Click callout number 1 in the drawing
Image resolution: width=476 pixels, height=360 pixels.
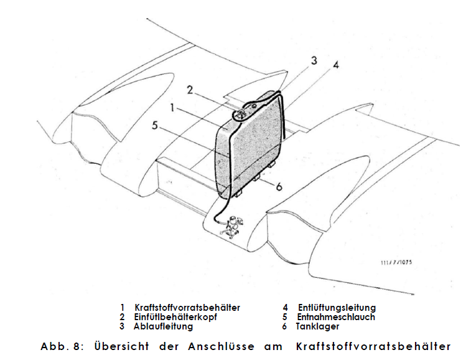point(172,108)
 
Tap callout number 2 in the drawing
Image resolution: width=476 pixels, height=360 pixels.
point(190,90)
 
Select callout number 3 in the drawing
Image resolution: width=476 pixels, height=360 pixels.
point(314,60)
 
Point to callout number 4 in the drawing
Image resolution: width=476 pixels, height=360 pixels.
point(336,65)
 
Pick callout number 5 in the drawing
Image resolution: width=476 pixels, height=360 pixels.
point(155,125)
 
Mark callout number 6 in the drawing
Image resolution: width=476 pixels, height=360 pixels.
point(279,186)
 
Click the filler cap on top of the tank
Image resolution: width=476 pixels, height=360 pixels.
point(239,114)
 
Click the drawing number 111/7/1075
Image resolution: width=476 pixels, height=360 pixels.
point(396,262)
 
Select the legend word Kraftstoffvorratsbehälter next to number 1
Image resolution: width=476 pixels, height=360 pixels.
point(187,308)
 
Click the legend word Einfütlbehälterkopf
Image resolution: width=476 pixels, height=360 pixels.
point(175,317)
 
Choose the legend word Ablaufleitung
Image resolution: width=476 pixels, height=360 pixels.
point(163,326)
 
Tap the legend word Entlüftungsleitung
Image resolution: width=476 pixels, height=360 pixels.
point(337,308)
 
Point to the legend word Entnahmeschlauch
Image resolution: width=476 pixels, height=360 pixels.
point(336,317)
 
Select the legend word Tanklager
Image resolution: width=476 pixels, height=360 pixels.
point(317,326)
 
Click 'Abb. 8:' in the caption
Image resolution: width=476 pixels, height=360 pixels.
point(62,347)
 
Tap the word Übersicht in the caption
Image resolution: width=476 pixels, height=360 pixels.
point(121,346)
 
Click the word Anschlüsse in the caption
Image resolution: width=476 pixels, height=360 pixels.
point(221,346)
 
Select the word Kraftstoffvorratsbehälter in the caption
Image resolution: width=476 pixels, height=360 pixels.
point(374,347)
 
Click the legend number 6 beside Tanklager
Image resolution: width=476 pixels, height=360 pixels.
point(284,326)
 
